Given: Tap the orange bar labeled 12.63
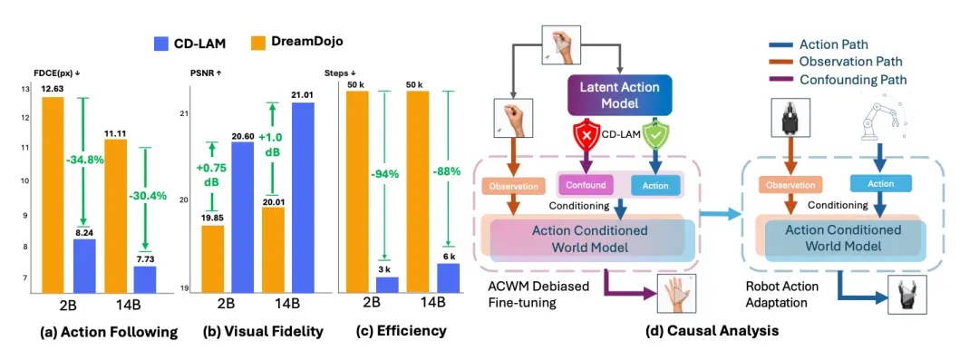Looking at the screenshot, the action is click(53, 194).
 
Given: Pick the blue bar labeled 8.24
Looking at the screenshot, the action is click(84, 266).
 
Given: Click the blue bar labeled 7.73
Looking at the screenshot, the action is click(145, 279).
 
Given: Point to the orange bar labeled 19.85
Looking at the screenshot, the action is click(211, 258).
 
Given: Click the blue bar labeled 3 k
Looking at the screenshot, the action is click(387, 285).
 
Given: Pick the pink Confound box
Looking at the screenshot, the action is click(585, 185).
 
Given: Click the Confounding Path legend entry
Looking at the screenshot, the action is click(839, 80).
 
